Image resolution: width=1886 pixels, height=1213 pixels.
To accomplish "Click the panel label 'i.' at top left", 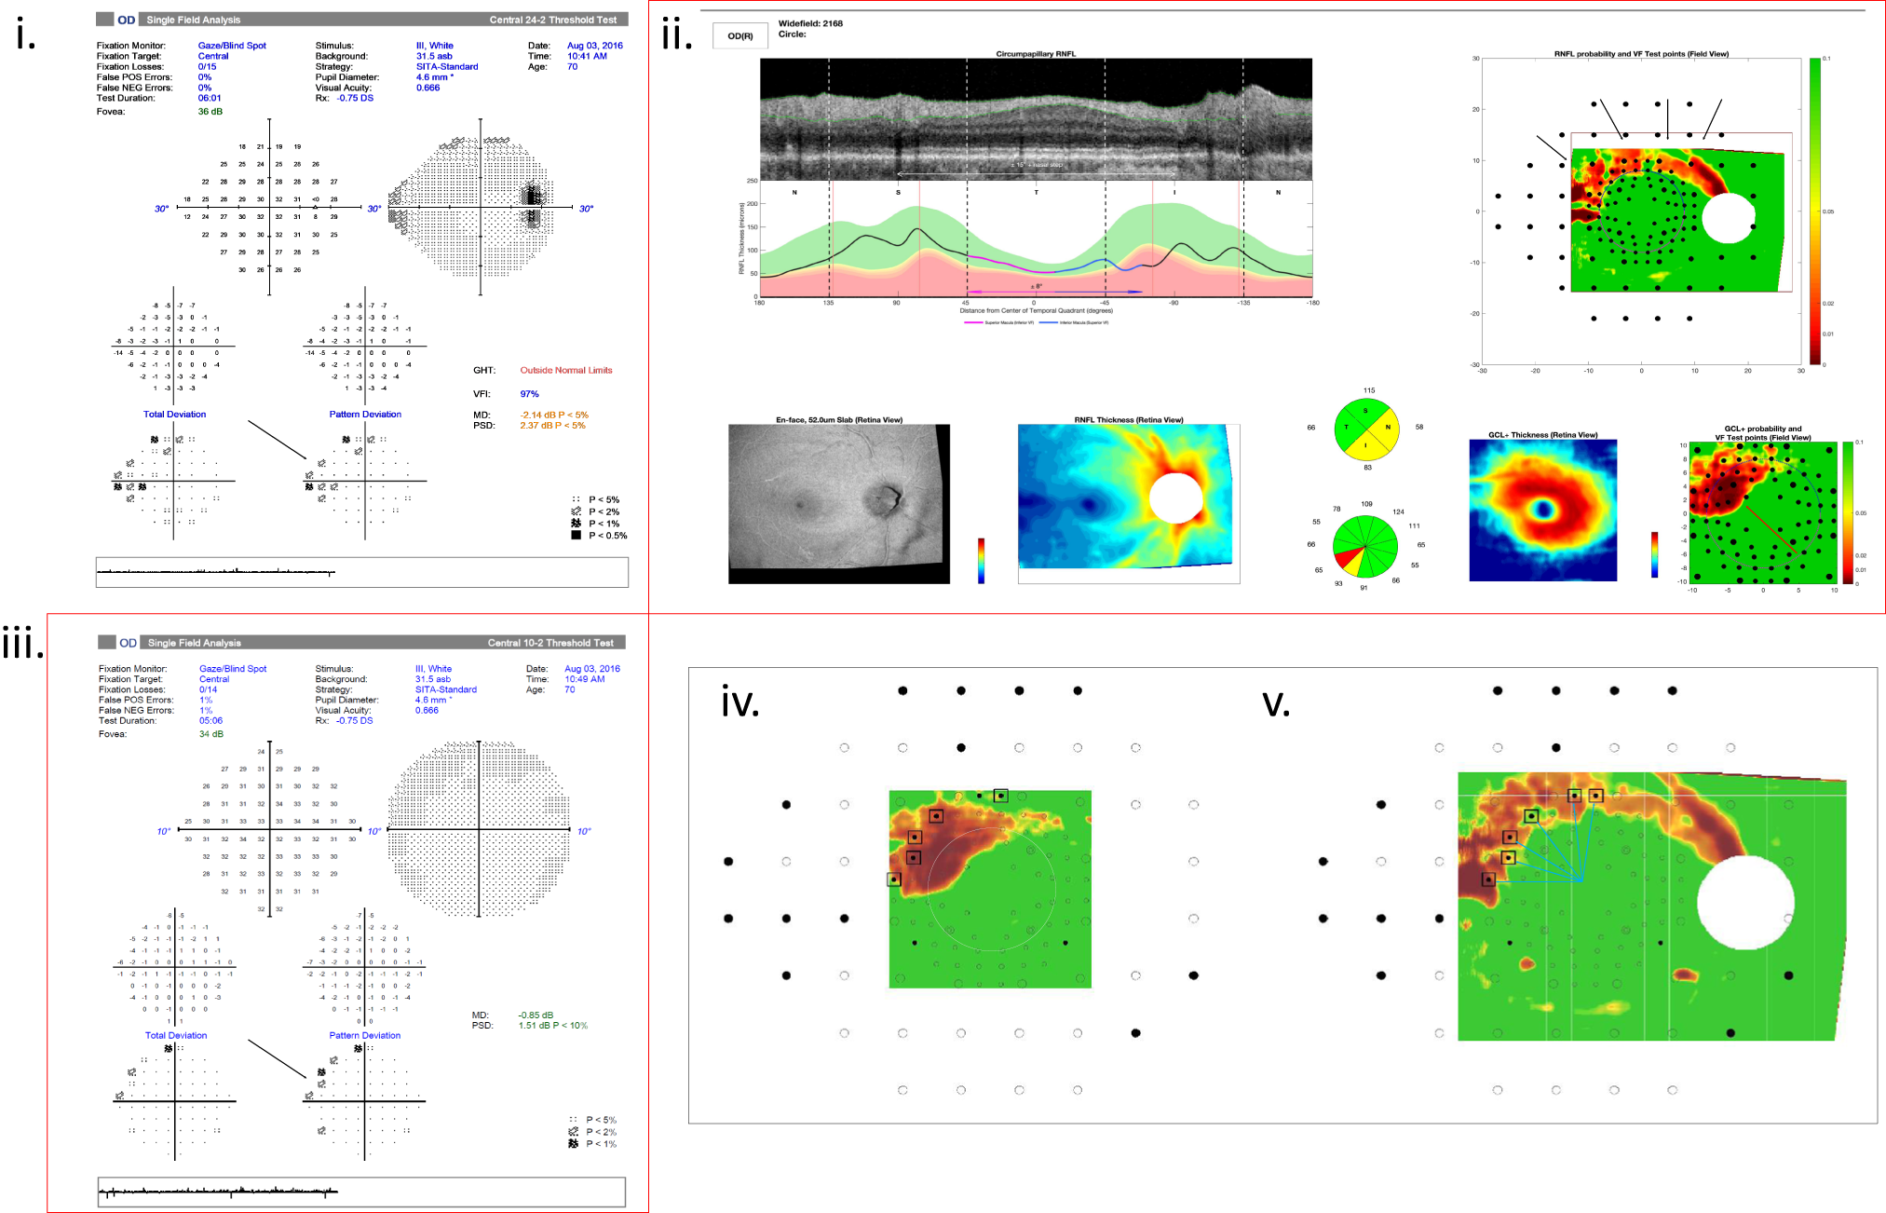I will click(x=26, y=35).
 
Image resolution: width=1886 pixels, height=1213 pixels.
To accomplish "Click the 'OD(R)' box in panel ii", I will click(x=740, y=36).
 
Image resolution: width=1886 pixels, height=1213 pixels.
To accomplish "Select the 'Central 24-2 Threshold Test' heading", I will click(x=553, y=20).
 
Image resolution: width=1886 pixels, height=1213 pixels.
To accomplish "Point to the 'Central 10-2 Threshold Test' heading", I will click(x=550, y=643).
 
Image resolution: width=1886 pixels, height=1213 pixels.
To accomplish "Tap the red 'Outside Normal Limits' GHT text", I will click(x=565, y=370).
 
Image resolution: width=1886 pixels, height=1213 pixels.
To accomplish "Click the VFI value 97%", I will click(x=529, y=394).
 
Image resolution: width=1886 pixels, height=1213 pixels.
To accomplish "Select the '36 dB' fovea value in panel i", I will click(x=210, y=112).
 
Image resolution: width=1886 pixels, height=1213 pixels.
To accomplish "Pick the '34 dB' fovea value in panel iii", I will click(x=210, y=734).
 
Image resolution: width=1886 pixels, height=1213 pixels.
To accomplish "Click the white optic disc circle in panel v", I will click(x=1745, y=903).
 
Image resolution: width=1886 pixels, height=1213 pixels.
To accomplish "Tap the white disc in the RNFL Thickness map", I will click(x=1176, y=497).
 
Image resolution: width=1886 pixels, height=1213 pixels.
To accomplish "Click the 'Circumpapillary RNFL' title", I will click(x=1036, y=54).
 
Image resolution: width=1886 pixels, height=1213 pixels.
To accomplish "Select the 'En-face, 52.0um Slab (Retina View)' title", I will click(x=838, y=420).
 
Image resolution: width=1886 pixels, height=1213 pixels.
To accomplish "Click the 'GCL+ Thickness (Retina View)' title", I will click(x=1542, y=435).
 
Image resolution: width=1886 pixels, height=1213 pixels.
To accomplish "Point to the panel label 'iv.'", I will click(x=740, y=702).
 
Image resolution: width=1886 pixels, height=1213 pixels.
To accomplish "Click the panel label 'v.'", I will click(x=1275, y=703).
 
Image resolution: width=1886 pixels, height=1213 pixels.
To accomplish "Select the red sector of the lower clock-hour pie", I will click(x=1346, y=560).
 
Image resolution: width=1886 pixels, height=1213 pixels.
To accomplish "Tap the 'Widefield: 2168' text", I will click(x=810, y=23).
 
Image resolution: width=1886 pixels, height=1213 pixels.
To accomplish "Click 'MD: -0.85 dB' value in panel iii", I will click(x=536, y=1015).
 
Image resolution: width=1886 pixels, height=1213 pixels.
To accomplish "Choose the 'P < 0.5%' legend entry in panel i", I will click(x=606, y=536).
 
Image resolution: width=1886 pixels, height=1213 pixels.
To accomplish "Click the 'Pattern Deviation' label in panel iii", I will click(x=364, y=1035).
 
